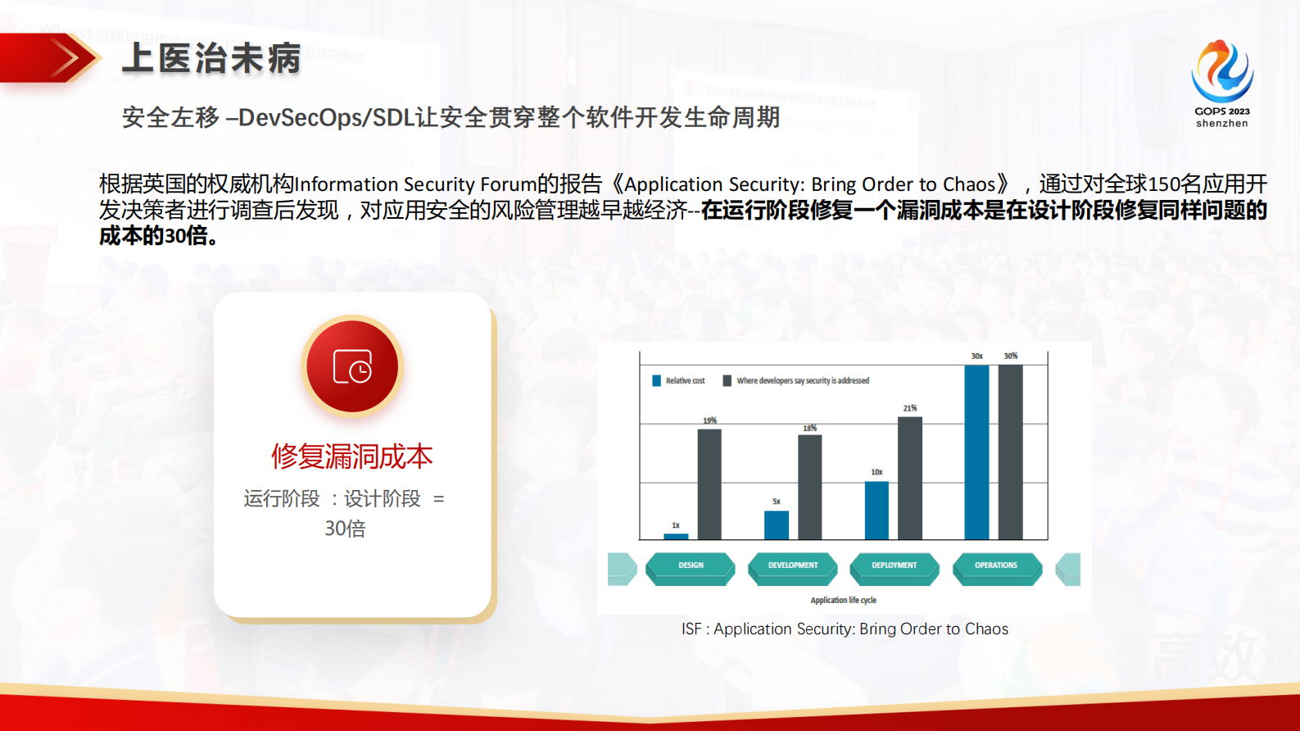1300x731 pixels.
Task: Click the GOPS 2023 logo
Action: (1221, 83)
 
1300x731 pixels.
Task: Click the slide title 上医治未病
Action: (211, 59)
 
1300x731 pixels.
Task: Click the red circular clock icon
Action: (352, 366)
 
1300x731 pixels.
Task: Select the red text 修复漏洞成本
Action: (351, 456)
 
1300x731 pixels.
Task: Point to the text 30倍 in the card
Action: (345, 529)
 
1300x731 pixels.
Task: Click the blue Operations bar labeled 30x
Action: (976, 452)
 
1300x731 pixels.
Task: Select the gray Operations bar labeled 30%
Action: (1010, 452)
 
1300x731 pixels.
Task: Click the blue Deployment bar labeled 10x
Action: (876, 510)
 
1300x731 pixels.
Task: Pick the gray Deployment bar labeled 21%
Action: (910, 478)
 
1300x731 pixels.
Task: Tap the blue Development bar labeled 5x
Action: (776, 524)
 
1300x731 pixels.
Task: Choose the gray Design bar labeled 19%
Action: (709, 484)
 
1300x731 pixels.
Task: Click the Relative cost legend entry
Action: (678, 381)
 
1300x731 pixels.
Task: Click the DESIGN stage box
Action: (691, 566)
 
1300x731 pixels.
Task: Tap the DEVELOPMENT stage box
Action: (793, 566)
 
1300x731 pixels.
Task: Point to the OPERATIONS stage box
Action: (996, 566)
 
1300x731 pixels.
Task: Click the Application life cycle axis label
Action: (843, 600)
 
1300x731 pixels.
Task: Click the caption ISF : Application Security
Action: (845, 629)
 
